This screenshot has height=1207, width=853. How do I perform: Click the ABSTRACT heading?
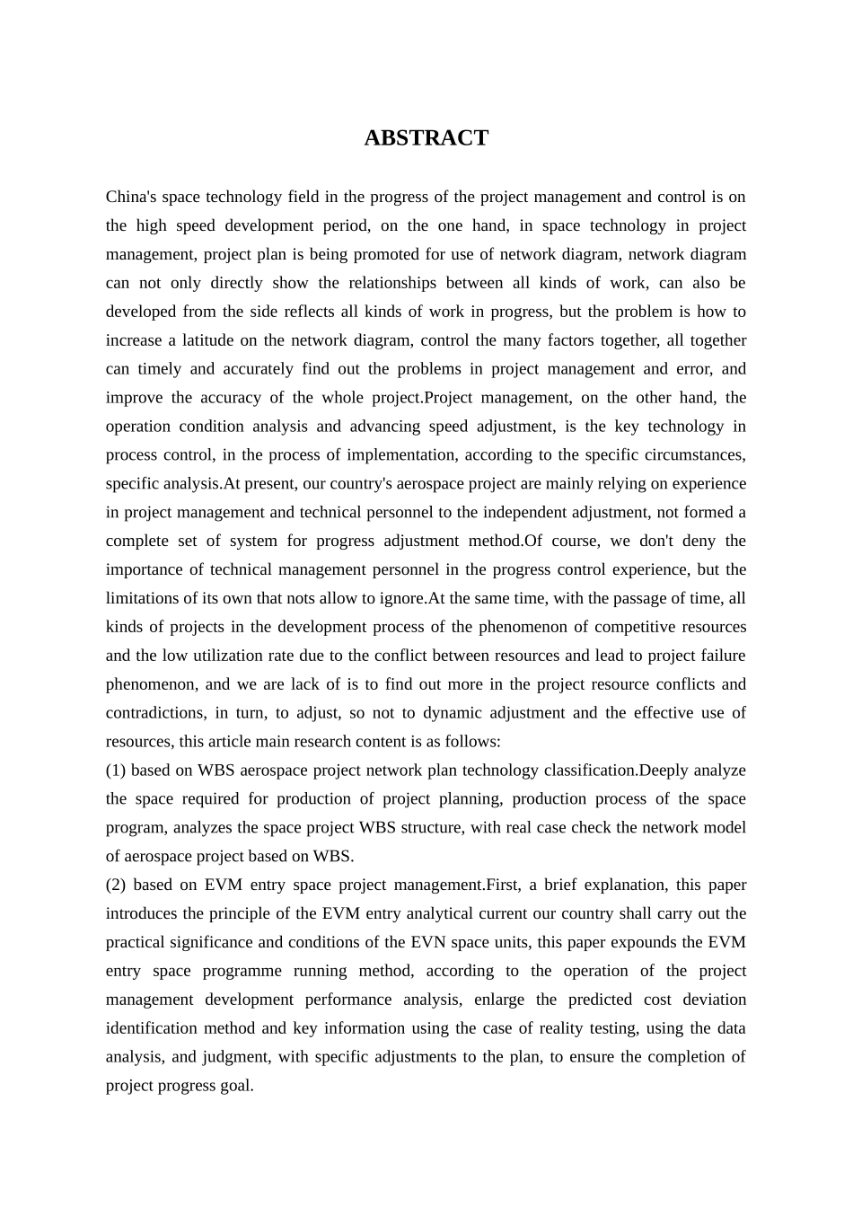point(426,138)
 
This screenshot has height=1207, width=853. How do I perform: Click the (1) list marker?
point(116,771)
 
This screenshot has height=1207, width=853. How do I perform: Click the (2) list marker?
point(116,885)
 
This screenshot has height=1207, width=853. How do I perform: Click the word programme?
point(242,971)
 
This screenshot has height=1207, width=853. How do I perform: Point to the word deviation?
point(714,1000)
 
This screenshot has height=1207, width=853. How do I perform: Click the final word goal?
point(236,1086)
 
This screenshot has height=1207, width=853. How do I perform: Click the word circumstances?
point(697,454)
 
